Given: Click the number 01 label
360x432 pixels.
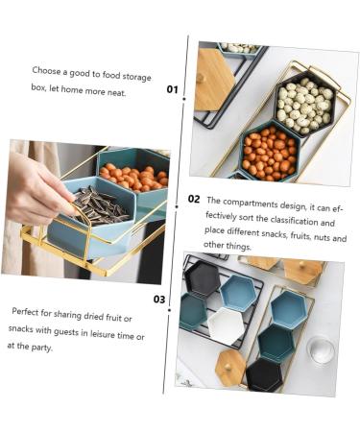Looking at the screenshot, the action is [x=172, y=89].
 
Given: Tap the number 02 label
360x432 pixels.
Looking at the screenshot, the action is [x=194, y=199].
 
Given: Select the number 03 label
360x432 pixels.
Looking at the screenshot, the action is [x=159, y=300].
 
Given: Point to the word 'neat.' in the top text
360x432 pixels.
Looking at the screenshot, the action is [x=116, y=93].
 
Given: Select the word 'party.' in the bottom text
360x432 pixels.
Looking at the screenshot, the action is [x=41, y=348].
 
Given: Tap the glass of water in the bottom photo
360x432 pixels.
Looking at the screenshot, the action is [x=321, y=349].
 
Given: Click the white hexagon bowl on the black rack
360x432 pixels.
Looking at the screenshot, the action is [x=227, y=325].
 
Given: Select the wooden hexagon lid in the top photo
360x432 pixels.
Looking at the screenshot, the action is [x=212, y=80].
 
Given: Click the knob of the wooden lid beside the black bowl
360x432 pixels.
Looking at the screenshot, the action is [x=228, y=368].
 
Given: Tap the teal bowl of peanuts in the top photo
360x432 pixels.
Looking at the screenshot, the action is [x=269, y=152].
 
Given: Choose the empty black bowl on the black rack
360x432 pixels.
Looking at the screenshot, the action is [x=202, y=277].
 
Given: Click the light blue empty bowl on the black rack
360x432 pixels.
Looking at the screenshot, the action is [x=238, y=293].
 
